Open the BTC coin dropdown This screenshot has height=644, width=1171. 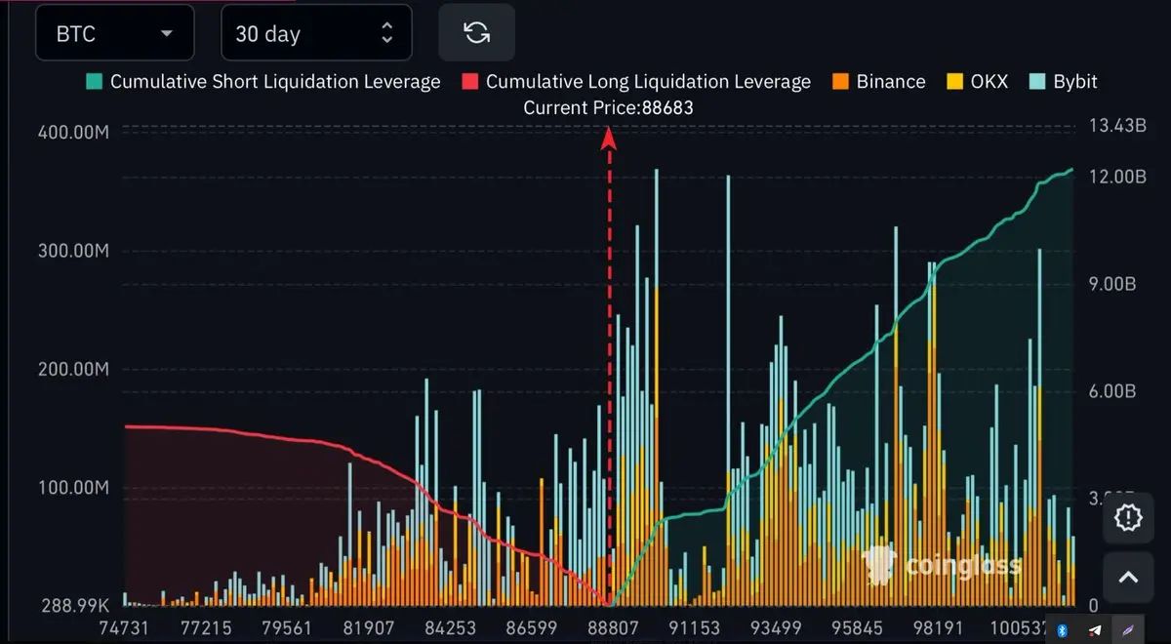point(114,33)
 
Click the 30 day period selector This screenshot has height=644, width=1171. point(315,33)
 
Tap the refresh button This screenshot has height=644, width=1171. point(476,33)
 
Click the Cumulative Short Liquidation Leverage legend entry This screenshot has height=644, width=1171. point(263,81)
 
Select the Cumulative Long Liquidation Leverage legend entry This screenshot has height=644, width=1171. point(636,81)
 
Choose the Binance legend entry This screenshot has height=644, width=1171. point(879,81)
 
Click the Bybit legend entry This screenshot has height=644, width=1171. point(1064,81)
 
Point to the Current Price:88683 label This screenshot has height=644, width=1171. point(608,107)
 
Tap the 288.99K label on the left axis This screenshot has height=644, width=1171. point(71,605)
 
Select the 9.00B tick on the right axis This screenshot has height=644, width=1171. point(1110,284)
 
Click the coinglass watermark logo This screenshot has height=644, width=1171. point(943,565)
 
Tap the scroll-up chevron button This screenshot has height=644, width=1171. point(1128,577)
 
